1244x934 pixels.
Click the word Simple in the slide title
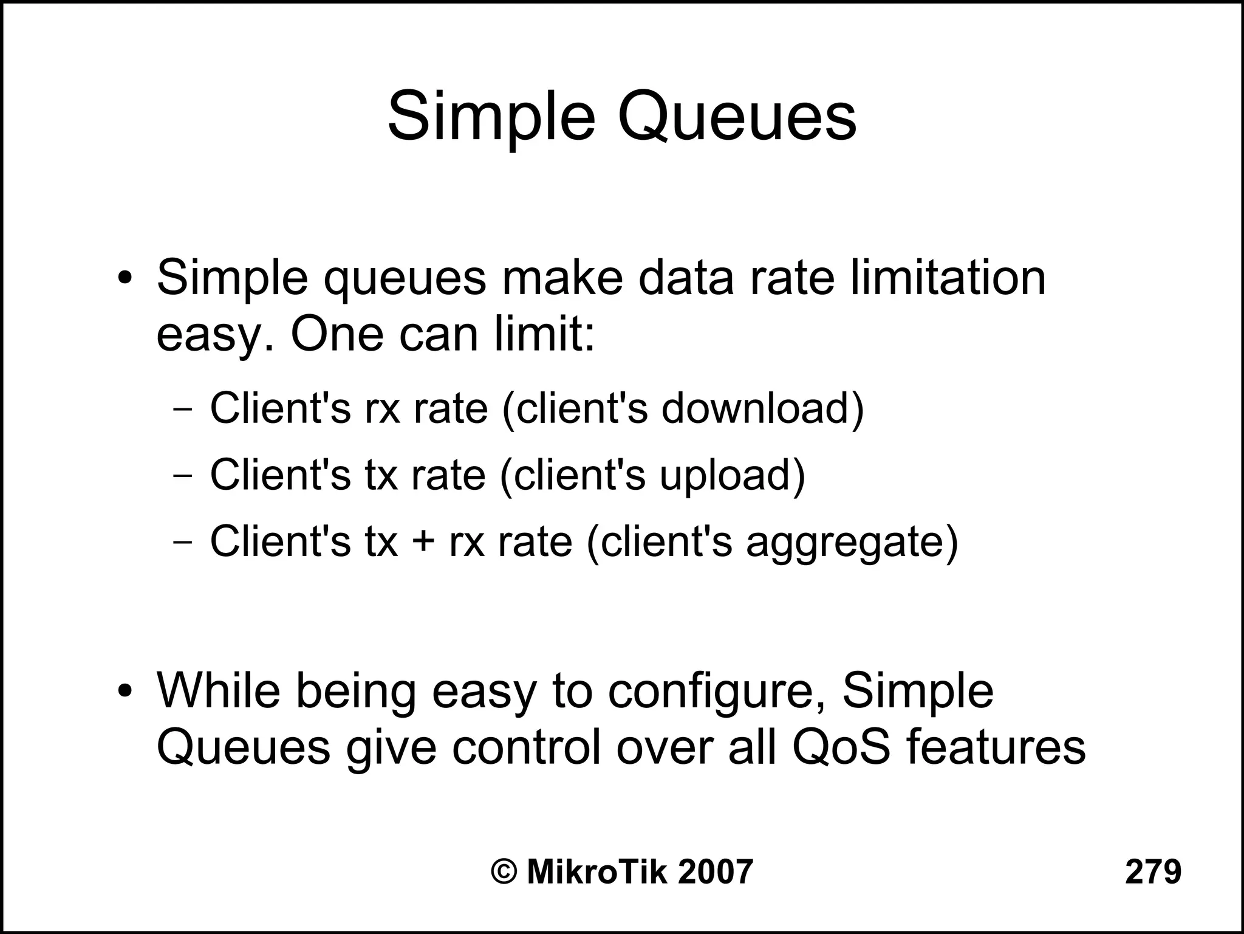point(491,117)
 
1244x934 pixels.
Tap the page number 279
point(1153,871)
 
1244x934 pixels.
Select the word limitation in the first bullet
point(948,278)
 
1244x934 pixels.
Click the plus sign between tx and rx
point(423,541)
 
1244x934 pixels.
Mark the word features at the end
point(996,747)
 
